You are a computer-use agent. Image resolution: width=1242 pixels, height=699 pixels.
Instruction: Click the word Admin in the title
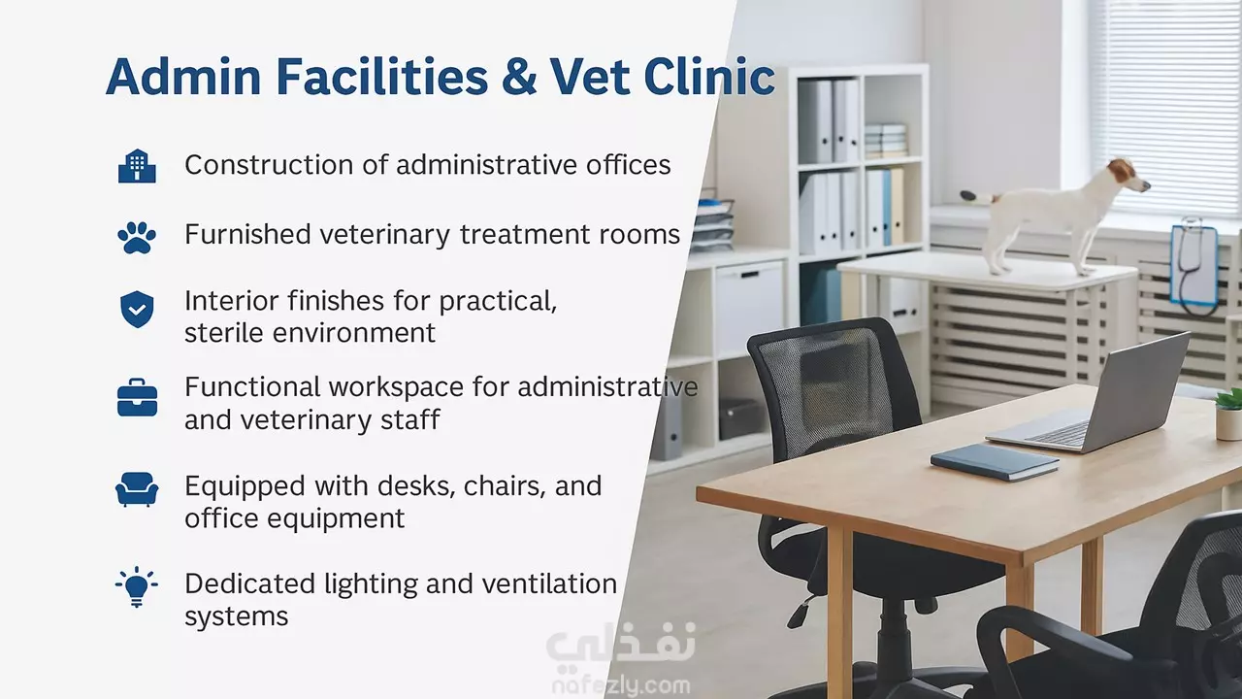(183, 76)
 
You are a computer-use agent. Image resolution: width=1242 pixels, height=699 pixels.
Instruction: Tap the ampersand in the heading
(519, 77)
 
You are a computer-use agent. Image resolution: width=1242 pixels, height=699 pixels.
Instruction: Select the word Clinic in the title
(709, 76)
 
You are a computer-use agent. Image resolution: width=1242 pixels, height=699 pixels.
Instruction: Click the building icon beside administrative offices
(137, 165)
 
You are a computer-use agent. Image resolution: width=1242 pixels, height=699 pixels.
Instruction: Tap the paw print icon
(137, 238)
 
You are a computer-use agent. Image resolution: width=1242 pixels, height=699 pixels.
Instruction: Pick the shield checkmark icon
(137, 309)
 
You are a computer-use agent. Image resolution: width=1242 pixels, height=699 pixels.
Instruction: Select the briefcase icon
(137, 397)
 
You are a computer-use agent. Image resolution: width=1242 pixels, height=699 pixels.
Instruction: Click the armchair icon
(137, 488)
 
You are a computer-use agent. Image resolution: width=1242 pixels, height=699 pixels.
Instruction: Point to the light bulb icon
(137, 587)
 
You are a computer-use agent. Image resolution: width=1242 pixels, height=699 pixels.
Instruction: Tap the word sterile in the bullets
(224, 333)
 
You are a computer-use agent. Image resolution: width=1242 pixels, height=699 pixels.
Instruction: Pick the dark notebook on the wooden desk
(995, 461)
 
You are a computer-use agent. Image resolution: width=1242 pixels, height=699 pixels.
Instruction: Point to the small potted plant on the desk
(1228, 415)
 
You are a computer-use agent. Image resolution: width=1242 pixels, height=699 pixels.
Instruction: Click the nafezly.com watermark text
(621, 685)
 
